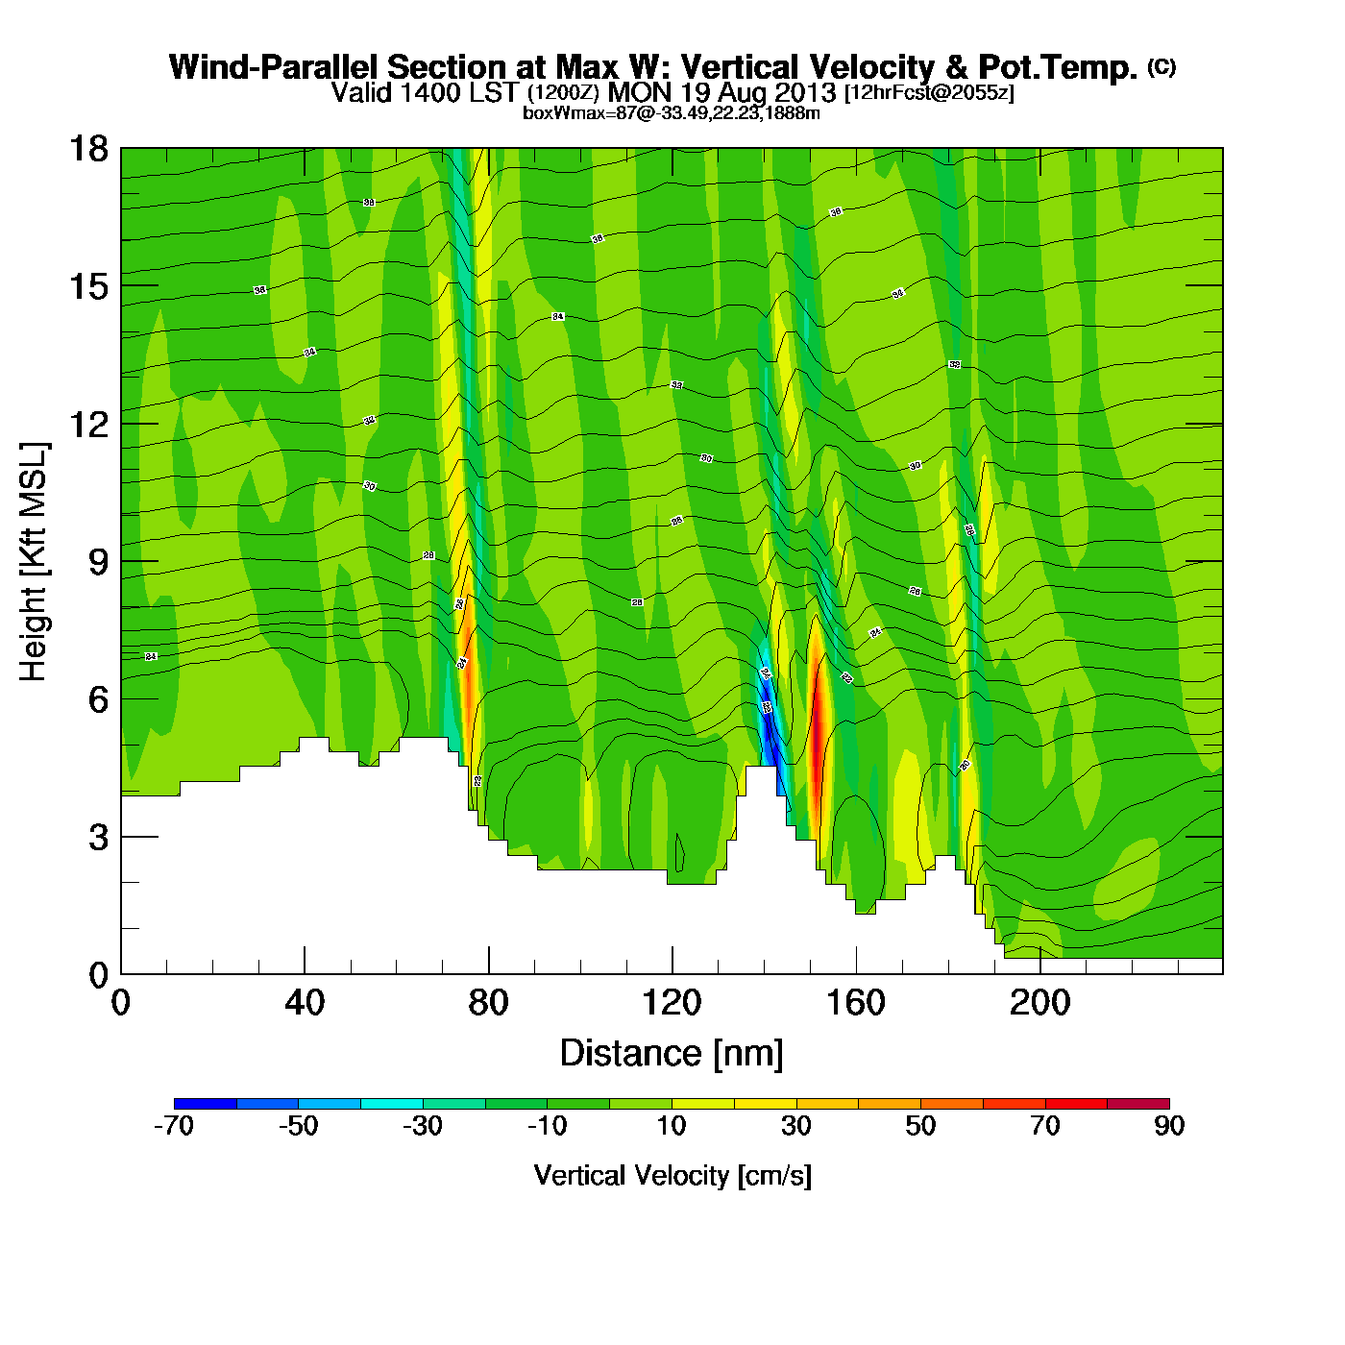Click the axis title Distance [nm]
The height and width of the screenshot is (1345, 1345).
pos(672,1054)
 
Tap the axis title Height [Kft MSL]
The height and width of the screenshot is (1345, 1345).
pos(34,562)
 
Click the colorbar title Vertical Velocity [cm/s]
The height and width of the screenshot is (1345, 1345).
pos(672,1175)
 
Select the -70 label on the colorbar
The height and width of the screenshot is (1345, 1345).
pos(174,1126)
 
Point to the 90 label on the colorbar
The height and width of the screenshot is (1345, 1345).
pos(1169,1126)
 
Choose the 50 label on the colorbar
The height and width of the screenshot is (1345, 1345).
pos(920,1126)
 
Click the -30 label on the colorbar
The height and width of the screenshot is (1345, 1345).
pos(422,1126)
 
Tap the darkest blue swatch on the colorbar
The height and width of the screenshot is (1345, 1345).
pos(205,1104)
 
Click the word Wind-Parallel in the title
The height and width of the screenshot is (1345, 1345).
pos(276,67)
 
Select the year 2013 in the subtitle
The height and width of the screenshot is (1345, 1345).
pos(805,92)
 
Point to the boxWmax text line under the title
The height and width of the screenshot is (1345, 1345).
pos(672,112)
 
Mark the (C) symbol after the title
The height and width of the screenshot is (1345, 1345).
pos(1162,65)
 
